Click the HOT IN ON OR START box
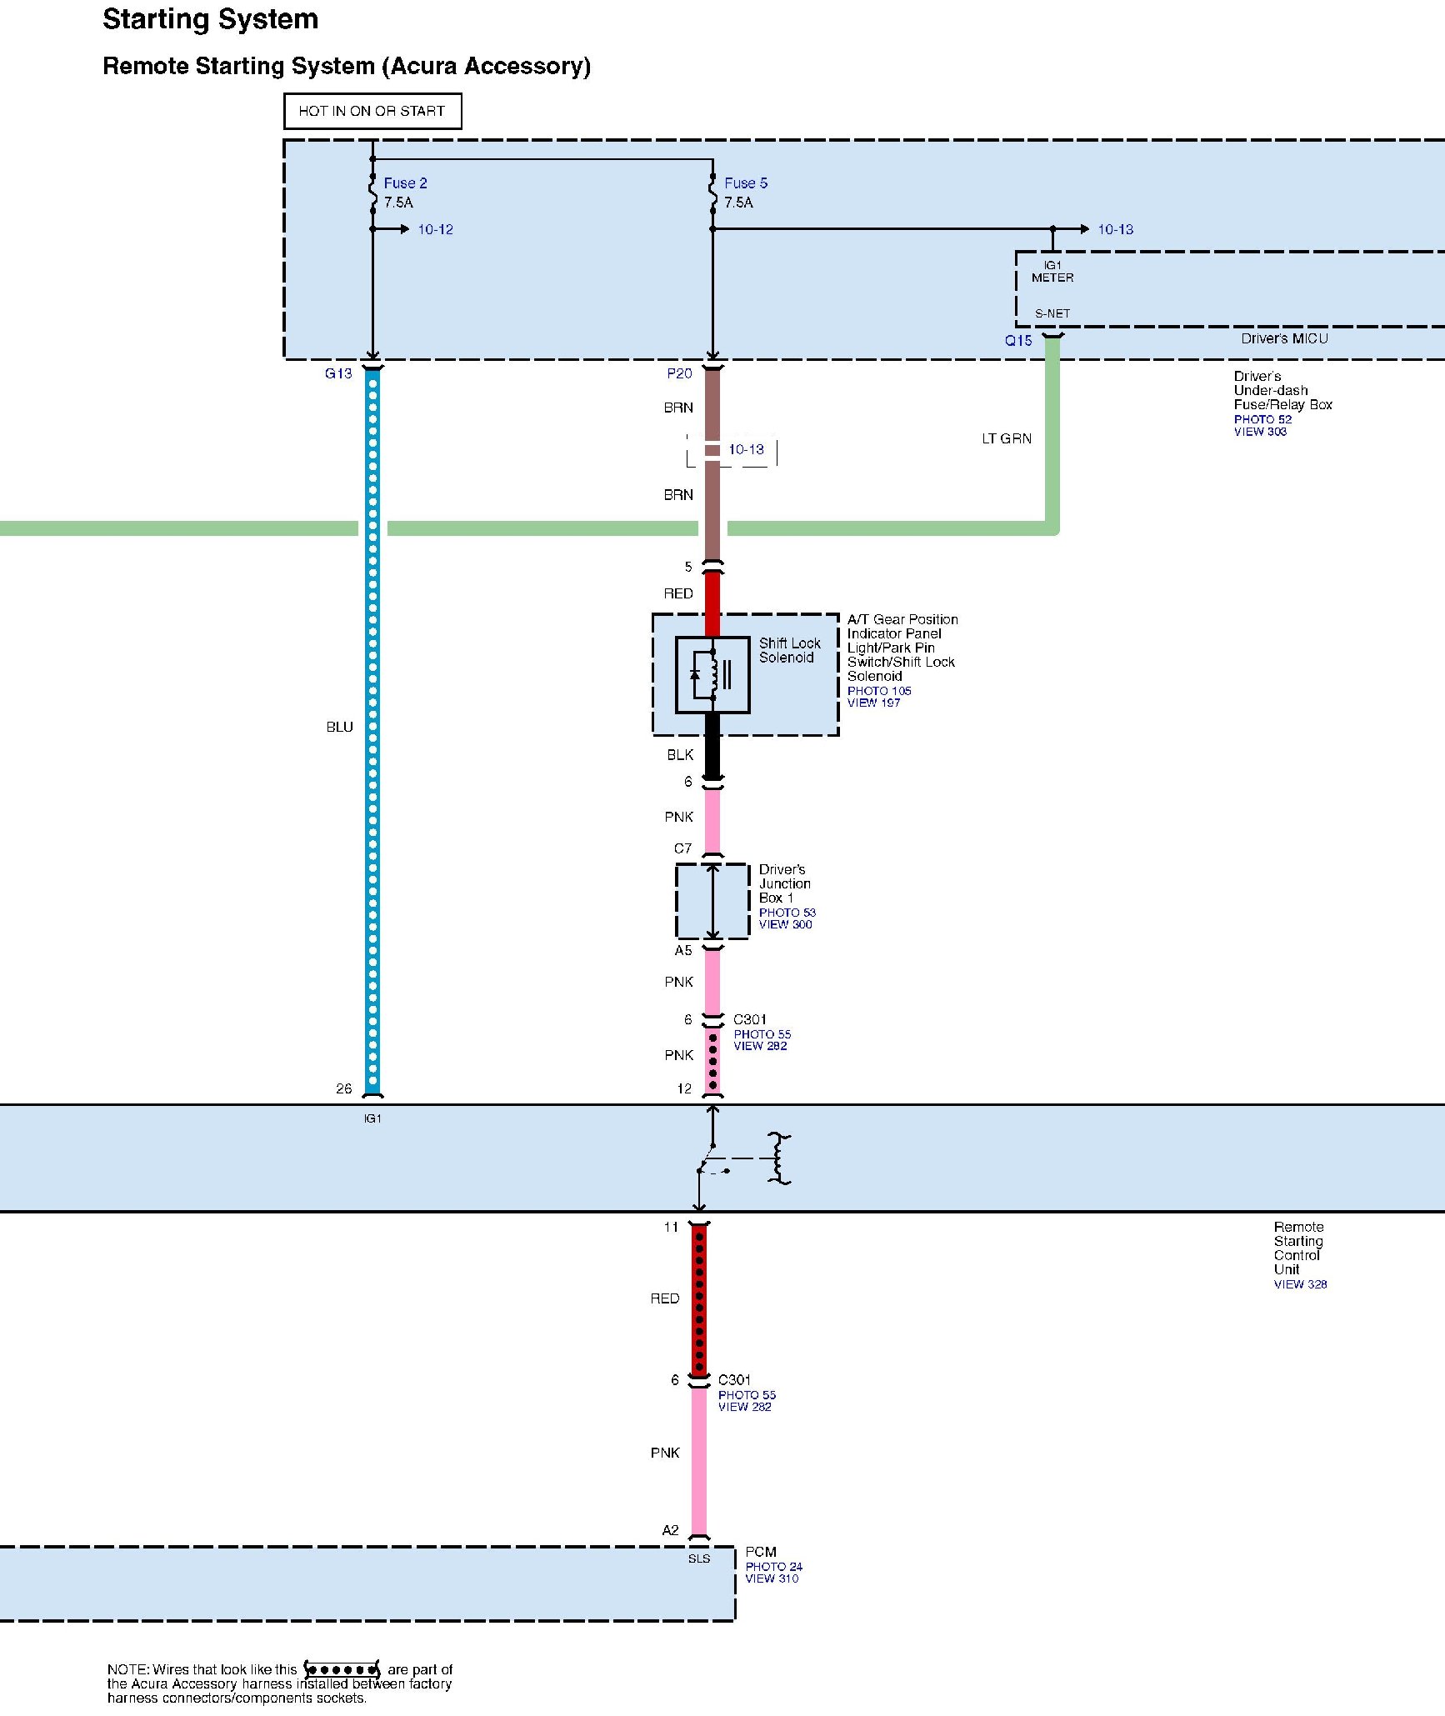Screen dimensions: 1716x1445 tap(372, 111)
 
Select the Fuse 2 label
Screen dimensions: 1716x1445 tap(405, 183)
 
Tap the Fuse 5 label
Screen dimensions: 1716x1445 tap(746, 183)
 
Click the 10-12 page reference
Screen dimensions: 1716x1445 tap(435, 229)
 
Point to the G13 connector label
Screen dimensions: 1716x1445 tap(338, 373)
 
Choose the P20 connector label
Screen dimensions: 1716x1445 tap(679, 373)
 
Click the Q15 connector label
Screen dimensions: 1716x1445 tap(1017, 340)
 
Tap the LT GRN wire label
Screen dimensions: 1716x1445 tap(1006, 438)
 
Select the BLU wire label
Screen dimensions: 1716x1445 tap(339, 727)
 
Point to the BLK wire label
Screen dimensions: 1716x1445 tap(680, 754)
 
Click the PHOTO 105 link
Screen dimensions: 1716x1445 tap(879, 691)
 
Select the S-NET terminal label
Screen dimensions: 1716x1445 tap(1052, 313)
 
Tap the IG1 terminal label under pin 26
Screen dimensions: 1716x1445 tap(372, 1118)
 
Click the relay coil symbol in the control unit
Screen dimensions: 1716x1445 tap(778, 1158)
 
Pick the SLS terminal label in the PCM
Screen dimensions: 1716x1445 tap(699, 1558)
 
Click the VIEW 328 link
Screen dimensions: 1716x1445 tap(1300, 1284)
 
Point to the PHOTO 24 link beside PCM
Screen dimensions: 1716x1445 tap(773, 1567)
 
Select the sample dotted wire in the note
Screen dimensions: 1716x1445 tap(342, 1670)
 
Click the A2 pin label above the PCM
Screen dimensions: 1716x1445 tap(670, 1530)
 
